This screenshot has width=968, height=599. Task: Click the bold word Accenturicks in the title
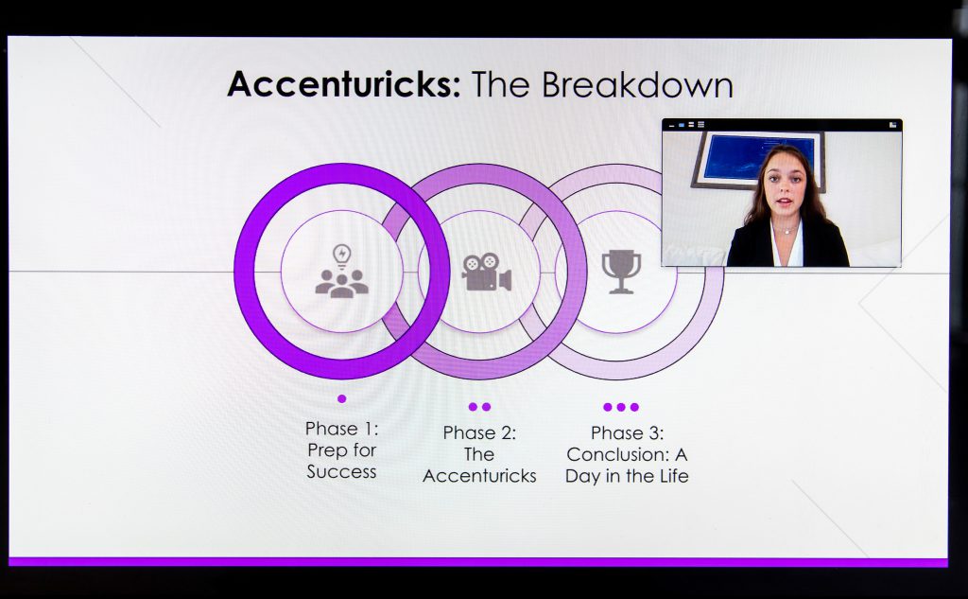point(344,84)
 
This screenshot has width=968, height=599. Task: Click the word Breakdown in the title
point(637,84)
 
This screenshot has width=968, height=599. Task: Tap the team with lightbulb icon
point(341,272)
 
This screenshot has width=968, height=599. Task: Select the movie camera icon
point(486,272)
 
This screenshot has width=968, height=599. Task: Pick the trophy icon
point(621,272)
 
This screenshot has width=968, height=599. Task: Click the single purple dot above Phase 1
point(342,398)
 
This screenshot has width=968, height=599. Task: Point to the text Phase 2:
point(479,432)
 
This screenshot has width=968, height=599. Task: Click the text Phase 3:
point(628,432)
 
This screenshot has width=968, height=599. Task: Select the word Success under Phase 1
point(341,471)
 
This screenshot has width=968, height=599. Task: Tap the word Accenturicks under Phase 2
point(479,476)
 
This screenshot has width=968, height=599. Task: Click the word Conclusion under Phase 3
point(618,454)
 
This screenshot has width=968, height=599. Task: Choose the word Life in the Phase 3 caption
point(672,476)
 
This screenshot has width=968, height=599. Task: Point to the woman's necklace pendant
point(786,232)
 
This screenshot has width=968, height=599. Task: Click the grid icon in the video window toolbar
point(700,125)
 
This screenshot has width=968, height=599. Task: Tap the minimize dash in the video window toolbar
point(672,126)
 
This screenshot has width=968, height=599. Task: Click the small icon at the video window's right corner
point(892,125)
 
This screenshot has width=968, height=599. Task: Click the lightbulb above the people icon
point(342,255)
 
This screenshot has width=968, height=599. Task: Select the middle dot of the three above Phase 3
point(621,407)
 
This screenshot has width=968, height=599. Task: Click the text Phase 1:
point(342,429)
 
